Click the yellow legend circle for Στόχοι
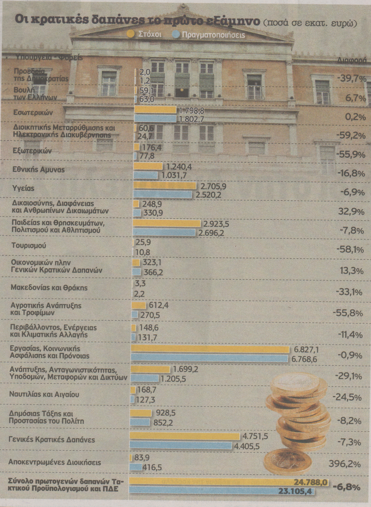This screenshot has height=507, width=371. click(130, 35)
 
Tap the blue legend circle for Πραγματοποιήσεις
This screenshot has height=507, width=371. click(175, 35)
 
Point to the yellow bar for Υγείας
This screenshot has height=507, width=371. click(164, 185)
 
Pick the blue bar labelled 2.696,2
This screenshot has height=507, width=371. click(164, 232)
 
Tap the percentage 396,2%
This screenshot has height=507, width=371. click(344, 464)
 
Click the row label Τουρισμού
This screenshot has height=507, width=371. click(28, 245)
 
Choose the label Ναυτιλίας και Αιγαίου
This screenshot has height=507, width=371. click(44, 394)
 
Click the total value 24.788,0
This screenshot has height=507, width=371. click(311, 482)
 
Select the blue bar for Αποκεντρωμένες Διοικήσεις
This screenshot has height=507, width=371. click(135, 467)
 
